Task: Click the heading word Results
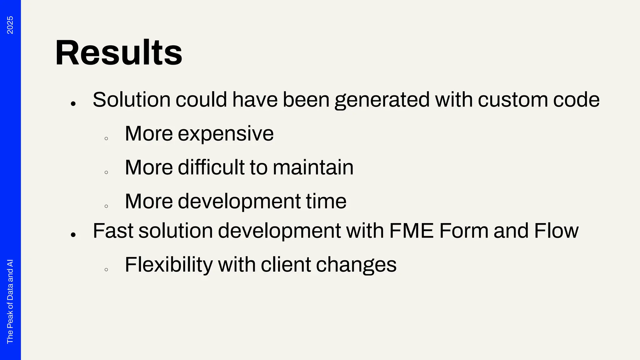(x=118, y=53)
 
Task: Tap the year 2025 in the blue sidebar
(x=10, y=25)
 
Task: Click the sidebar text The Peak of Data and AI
(x=10, y=301)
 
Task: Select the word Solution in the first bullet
(x=132, y=100)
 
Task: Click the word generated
(x=382, y=100)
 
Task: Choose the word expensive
(x=226, y=134)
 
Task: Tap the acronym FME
(x=412, y=231)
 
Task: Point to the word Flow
(x=556, y=231)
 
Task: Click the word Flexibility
(x=169, y=265)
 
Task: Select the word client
(x=286, y=265)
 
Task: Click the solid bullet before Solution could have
(x=73, y=103)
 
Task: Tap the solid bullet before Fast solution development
(x=73, y=235)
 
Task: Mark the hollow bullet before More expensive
(x=106, y=138)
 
